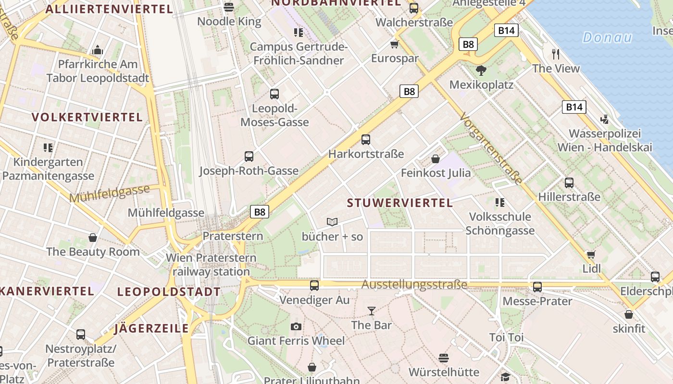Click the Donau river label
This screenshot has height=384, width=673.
tap(607, 37)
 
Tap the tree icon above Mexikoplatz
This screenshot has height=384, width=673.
tap(481, 71)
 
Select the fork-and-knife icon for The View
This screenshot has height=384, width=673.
tap(556, 54)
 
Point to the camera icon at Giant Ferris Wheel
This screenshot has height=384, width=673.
tap(296, 327)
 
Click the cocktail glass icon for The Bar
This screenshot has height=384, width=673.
tap(371, 311)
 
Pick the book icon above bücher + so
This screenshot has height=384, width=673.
tap(332, 222)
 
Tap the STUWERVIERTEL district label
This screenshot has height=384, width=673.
tap(400, 203)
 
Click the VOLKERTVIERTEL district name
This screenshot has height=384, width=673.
tap(87, 117)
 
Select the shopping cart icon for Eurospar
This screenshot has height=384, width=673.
tap(395, 45)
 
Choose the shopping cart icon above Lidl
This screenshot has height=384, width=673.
tap(591, 254)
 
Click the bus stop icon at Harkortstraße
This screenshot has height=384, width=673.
tap(366, 140)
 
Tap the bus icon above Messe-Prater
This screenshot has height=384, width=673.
tap(537, 287)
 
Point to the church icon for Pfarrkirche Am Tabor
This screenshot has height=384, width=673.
tap(98, 50)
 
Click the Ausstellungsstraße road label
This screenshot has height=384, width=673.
tap(414, 285)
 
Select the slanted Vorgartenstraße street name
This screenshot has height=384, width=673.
tap(491, 148)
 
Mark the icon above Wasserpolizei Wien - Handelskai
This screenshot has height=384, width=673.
tap(605, 119)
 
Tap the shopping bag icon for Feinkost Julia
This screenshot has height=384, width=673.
tap(436, 158)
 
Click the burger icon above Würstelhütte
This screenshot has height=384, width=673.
tap(444, 358)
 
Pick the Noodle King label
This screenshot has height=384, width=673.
tap(229, 21)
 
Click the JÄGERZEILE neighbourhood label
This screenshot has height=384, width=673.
tap(151, 328)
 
